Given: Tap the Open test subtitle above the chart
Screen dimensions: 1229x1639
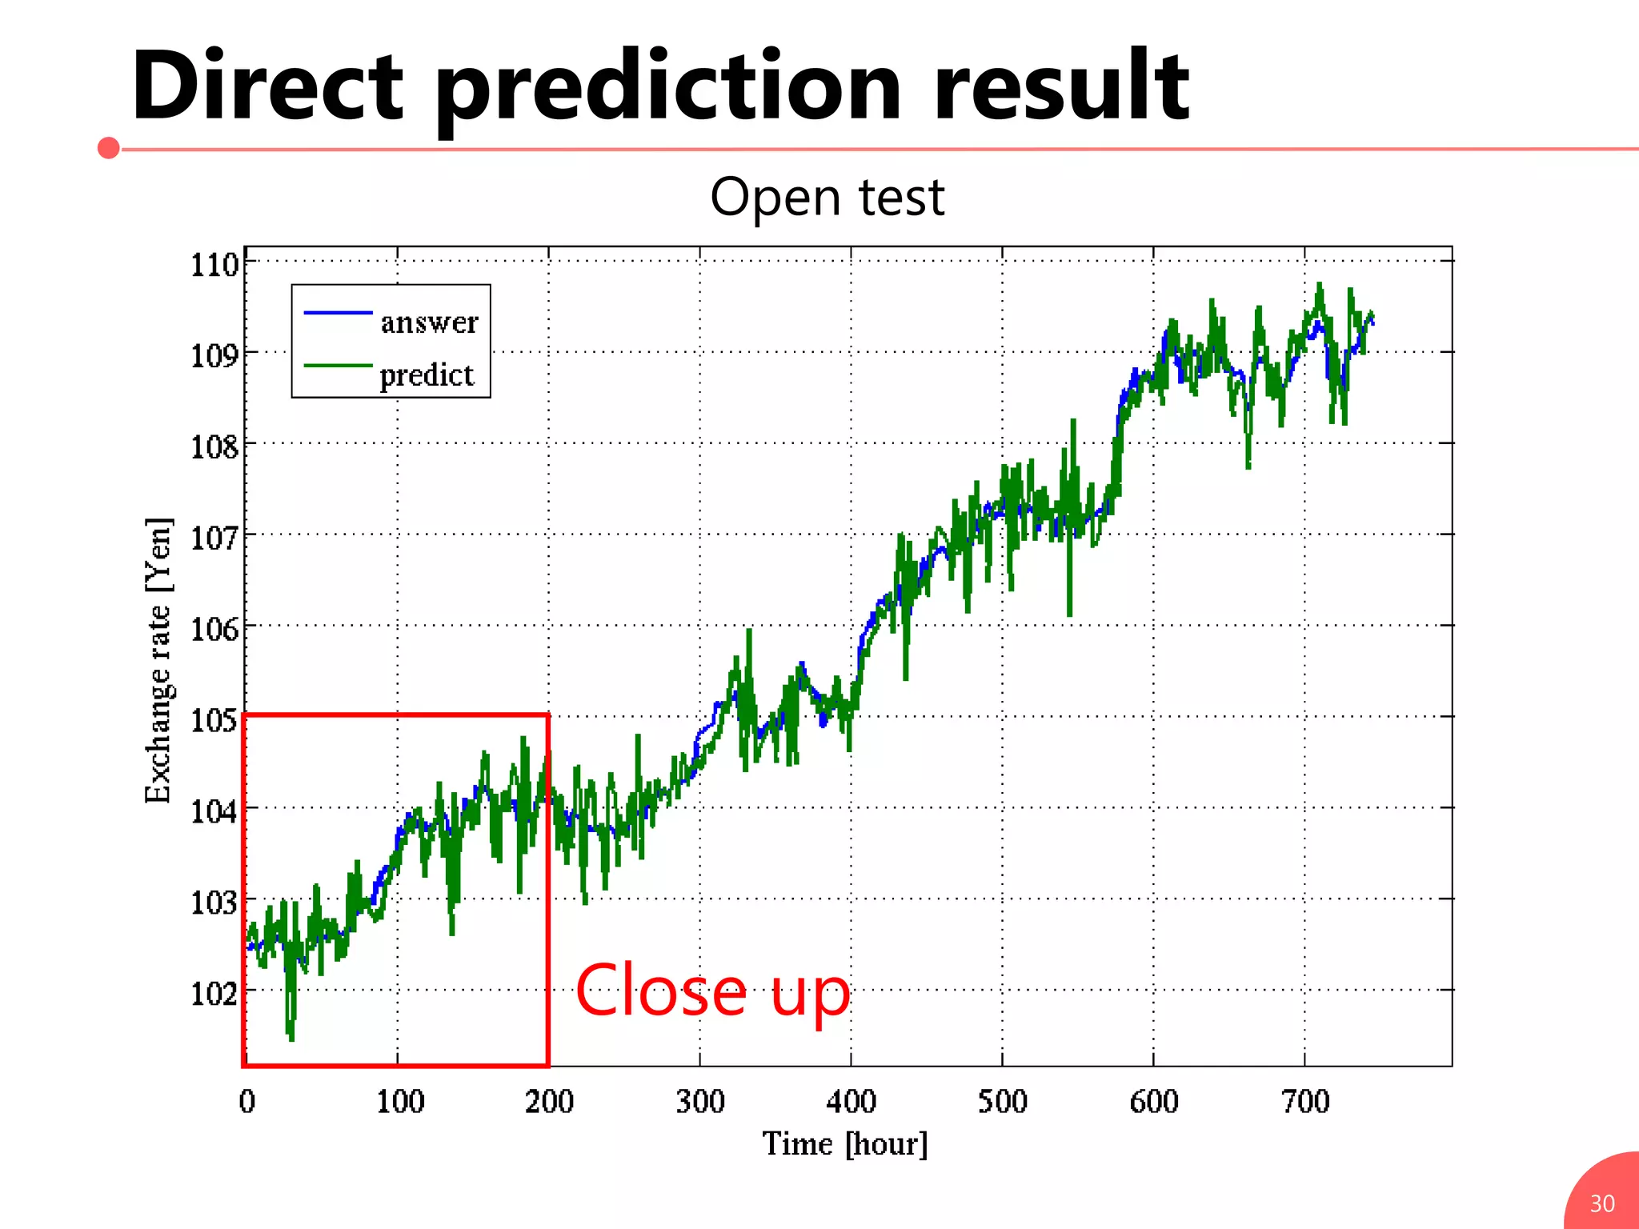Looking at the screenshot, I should pos(827,198).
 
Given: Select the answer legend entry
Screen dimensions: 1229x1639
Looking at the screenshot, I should pos(429,322).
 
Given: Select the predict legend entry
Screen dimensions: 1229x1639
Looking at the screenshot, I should pos(427,374).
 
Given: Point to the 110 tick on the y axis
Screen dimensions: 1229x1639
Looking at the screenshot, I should pos(214,264).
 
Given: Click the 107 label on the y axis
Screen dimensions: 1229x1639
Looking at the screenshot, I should pos(214,538).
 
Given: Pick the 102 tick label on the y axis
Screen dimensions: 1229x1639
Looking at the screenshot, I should pos(214,994).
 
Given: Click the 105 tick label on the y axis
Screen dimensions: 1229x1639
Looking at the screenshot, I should pos(214,720).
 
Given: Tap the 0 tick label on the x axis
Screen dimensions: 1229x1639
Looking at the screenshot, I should pos(247,1102).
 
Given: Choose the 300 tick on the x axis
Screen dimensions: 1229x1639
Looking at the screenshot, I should pos(700,1102).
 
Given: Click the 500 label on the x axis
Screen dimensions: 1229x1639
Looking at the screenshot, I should pos(1002,1102).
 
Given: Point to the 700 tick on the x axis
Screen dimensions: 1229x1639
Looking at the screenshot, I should pos(1305,1102).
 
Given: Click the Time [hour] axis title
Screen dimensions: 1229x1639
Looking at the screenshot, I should pos(844,1144).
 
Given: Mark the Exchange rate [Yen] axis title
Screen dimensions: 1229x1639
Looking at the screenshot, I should pos(158,660).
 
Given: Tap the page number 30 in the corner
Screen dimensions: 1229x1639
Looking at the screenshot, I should pos(1601,1203).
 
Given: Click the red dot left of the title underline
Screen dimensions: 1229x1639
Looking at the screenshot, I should pos(109,148).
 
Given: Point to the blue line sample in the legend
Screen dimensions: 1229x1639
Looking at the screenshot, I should pos(338,312).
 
